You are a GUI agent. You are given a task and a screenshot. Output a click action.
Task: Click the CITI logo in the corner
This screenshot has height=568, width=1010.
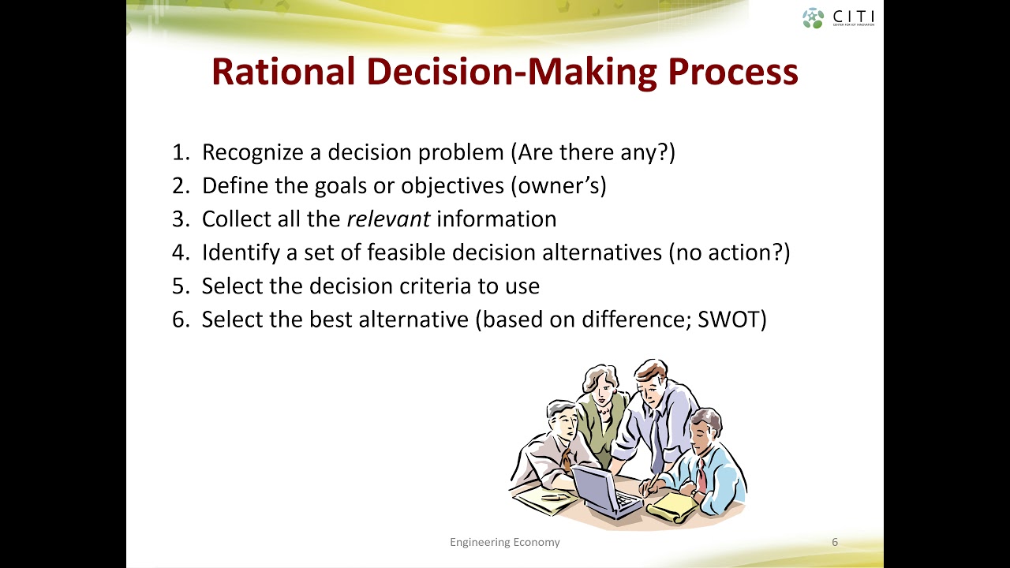coord(838,17)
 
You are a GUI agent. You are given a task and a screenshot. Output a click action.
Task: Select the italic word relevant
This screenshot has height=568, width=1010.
coord(388,219)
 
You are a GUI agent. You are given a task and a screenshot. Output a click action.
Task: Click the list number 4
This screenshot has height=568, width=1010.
coord(179,252)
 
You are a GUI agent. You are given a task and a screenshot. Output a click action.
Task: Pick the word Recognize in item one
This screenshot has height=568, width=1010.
coord(252,152)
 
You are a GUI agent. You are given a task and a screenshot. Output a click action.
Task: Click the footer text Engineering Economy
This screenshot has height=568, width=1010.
coord(505,542)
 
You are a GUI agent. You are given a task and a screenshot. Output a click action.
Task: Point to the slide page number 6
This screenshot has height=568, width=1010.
coord(835,542)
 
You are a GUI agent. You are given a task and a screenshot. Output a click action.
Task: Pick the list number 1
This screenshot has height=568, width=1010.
coord(179,152)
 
